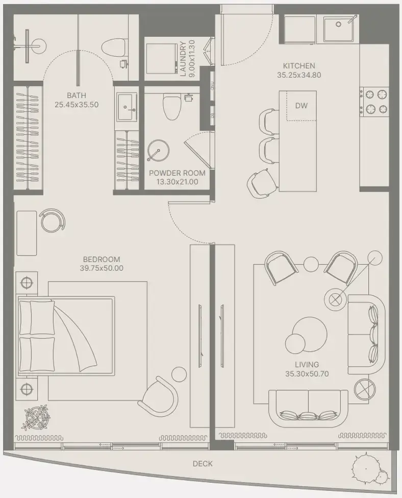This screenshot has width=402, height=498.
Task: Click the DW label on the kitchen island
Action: coord(301,105)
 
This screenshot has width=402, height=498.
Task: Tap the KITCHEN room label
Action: coord(299,66)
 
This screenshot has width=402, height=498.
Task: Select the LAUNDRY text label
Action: coord(183,59)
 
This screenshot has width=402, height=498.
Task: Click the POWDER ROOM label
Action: coord(177,173)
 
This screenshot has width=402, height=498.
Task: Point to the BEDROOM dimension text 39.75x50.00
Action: coord(102,268)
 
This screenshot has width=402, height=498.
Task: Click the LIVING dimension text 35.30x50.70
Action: coord(307,374)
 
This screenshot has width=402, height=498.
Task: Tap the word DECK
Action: coord(203,464)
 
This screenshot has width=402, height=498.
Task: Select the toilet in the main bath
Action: coord(115,48)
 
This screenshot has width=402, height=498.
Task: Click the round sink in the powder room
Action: coord(158,151)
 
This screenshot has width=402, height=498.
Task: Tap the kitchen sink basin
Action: coord(338,29)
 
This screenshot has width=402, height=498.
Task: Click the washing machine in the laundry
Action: coord(162,59)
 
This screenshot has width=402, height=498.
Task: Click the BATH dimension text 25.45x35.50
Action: coord(77,105)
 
